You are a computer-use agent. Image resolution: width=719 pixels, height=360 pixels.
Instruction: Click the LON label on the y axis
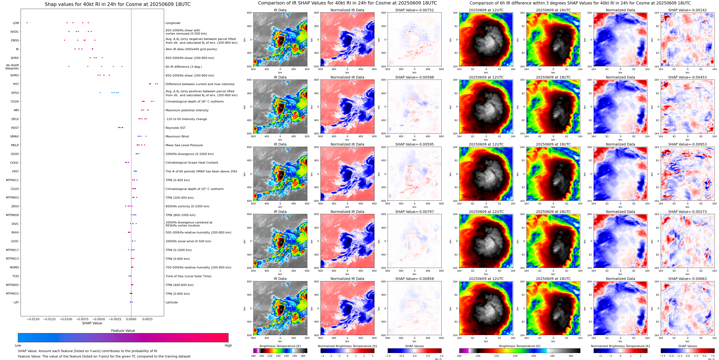tap(16, 23)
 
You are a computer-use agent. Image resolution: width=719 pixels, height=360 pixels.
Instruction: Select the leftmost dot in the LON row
tap(27, 23)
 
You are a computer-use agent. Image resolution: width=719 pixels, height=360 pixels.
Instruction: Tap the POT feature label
tap(16, 84)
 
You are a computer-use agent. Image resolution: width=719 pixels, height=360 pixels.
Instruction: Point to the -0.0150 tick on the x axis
tap(33, 319)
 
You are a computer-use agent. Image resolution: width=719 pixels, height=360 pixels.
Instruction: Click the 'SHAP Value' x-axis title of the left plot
tap(92, 323)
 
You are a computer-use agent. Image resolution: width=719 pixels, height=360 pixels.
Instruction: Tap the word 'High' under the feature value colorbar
tap(228, 345)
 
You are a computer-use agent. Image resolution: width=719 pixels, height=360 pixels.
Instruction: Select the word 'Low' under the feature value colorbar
tap(18, 345)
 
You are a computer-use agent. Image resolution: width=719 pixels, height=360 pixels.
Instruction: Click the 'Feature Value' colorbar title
tap(123, 331)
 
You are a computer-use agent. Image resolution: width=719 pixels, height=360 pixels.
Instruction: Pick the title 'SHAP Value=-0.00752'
tap(415, 10)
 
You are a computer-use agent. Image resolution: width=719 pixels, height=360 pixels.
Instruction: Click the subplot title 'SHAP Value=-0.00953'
tap(687, 144)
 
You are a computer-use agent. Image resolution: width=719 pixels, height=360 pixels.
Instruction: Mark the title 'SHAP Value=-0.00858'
tap(415, 279)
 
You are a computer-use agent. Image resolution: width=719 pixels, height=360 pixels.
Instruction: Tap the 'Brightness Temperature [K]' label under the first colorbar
tap(280, 346)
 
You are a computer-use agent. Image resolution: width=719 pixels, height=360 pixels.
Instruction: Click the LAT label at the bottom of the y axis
tap(16, 302)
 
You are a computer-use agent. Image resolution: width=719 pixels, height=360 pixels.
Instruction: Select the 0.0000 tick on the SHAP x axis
tap(131, 319)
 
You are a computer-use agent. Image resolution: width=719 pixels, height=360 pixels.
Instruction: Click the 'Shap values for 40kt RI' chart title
tap(117, 4)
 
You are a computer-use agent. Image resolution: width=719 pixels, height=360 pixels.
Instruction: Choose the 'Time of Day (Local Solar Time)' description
tap(188, 276)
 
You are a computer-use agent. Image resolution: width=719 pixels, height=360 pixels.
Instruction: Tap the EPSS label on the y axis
tap(15, 93)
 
